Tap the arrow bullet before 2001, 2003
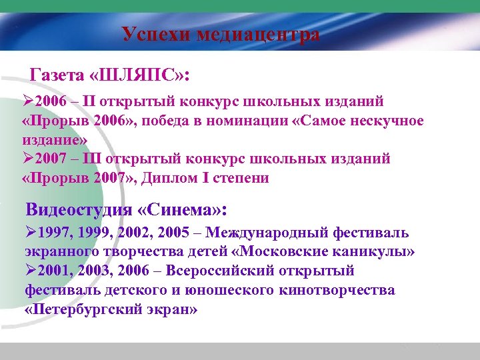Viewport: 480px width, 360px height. [x=32, y=271]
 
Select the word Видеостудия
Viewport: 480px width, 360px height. [x=79, y=210]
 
